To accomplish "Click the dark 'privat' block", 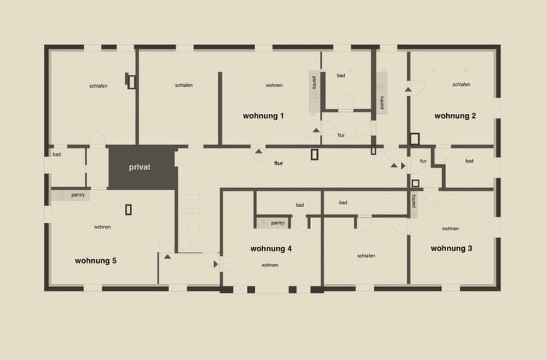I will tap(140, 168).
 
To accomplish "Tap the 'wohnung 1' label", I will tap(263, 116).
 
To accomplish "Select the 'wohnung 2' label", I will tap(455, 116).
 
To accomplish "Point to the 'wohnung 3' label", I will tap(451, 248).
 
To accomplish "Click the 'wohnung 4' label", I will tap(271, 248).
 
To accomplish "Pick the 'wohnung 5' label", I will tap(96, 260).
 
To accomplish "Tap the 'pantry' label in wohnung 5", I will tap(79, 195).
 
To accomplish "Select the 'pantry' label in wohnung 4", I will tap(278, 223).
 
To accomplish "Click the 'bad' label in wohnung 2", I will tap(469, 161).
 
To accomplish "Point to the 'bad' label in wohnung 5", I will tap(57, 154).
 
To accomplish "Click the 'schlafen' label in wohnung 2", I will tap(461, 84).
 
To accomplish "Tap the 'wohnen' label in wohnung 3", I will tap(450, 228).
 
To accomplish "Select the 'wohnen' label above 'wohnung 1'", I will tap(274, 85).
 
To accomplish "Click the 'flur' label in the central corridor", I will tap(279, 163).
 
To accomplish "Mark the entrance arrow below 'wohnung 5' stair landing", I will tap(168, 257).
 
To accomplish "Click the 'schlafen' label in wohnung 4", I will tap(366, 256).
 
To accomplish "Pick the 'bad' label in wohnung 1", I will tap(341, 75).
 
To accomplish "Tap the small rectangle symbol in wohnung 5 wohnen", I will tap(129, 210).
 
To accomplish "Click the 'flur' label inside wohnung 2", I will tap(423, 161).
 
